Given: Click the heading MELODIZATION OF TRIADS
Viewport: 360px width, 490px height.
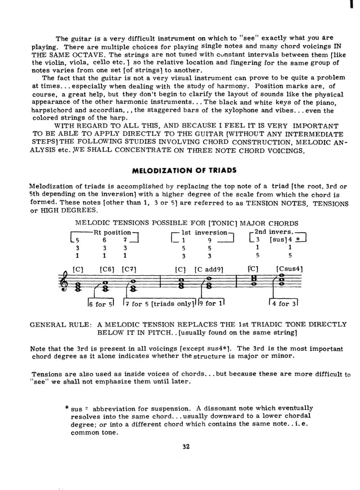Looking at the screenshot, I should [184, 170].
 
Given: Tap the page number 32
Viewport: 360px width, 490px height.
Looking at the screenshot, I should [186, 447].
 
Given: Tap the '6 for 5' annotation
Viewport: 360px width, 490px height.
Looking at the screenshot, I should [100, 304].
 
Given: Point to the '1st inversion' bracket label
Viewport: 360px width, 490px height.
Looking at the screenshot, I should [204, 232].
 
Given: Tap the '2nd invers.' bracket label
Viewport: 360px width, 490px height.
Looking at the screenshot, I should [274, 232].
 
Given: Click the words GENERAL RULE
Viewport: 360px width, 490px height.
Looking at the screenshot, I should [59, 325].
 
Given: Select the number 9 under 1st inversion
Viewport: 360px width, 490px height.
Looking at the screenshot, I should [209, 240].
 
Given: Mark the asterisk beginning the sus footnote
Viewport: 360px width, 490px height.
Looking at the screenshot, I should [67, 408].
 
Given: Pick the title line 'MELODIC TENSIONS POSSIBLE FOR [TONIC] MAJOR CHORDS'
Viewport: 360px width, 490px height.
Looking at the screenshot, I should [186, 223].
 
